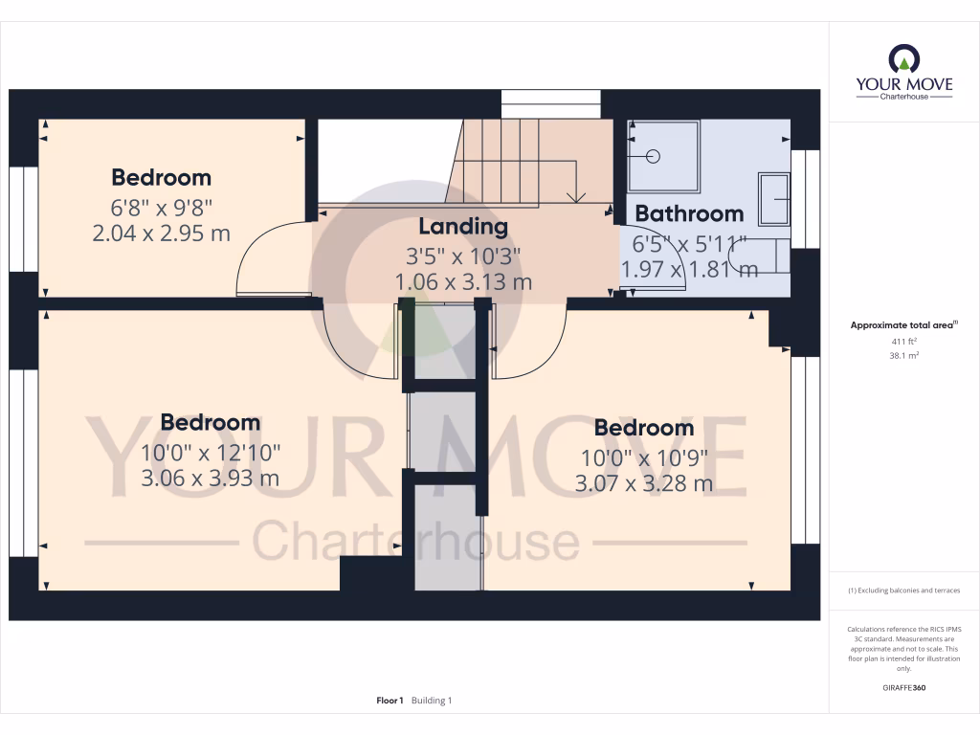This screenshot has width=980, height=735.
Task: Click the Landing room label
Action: click(463, 227)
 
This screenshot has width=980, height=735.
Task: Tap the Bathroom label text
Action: click(689, 213)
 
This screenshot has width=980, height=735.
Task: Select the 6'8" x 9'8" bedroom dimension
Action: click(161, 206)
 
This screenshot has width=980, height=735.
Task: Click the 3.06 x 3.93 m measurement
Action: click(210, 479)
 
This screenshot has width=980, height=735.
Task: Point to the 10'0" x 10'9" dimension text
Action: click(643, 457)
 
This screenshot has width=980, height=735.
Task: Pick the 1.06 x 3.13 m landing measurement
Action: click(463, 282)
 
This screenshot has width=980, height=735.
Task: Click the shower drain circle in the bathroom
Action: click(656, 156)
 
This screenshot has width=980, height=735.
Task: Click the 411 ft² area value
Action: click(904, 341)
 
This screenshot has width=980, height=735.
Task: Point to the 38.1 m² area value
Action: click(904, 354)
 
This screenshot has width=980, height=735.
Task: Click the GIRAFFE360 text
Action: click(904, 688)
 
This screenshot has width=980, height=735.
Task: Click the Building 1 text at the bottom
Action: click(432, 701)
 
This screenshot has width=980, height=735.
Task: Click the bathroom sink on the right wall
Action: click(774, 198)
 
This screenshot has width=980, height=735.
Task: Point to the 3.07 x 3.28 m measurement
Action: click(643, 484)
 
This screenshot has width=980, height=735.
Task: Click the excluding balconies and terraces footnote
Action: click(904, 590)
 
